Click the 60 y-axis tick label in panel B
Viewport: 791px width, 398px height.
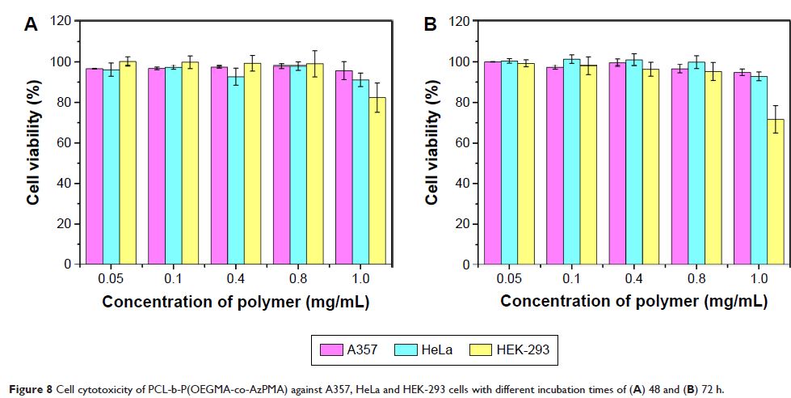[x=460, y=143]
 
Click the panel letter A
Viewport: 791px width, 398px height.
[x=31, y=25]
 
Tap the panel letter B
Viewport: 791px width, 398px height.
[x=431, y=25]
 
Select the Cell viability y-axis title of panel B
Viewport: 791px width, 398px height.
[x=431, y=142]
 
